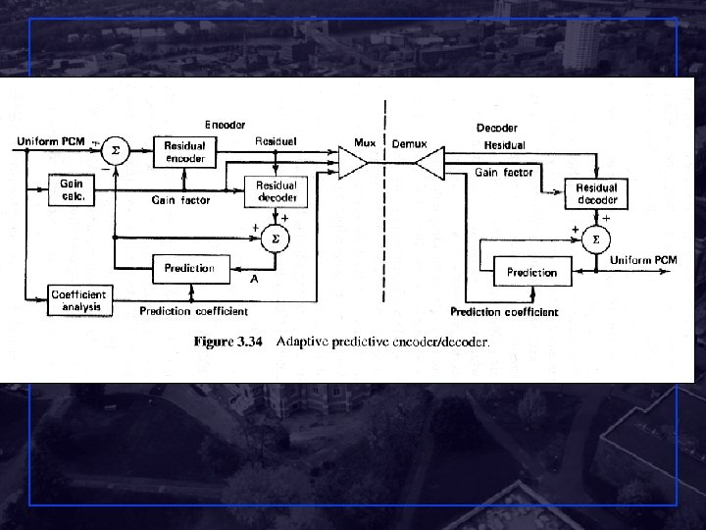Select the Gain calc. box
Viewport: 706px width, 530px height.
point(73,189)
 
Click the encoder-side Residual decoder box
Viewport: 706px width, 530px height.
point(276,190)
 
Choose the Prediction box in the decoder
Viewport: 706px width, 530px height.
point(532,271)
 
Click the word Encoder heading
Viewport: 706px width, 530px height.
point(225,125)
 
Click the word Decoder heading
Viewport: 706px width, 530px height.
point(497,128)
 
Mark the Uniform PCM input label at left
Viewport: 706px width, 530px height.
point(51,142)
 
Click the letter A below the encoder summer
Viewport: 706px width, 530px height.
point(254,278)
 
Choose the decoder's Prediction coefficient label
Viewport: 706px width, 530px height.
point(504,312)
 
